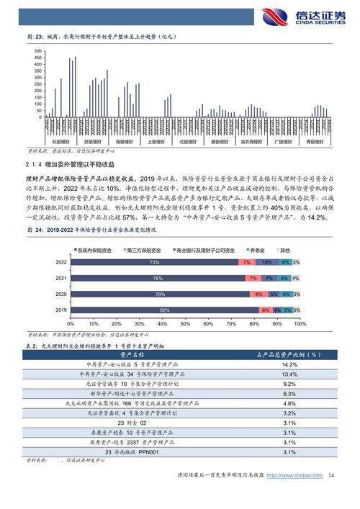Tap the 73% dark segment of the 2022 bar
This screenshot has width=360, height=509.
pyautogui.click(x=154, y=263)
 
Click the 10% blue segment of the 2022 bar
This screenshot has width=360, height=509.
pyautogui.click(x=266, y=263)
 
